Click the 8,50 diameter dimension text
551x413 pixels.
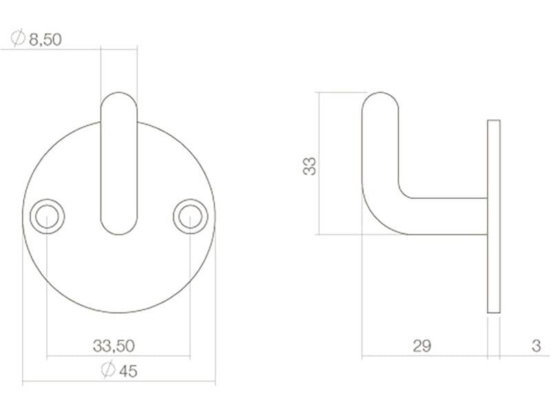pyautogui.click(x=45, y=39)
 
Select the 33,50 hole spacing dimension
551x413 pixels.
pyautogui.click(x=114, y=346)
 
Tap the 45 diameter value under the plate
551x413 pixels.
pyautogui.click(x=128, y=371)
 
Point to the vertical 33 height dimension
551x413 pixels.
pyautogui.click(x=310, y=167)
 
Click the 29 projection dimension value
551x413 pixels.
pyautogui.click(x=422, y=346)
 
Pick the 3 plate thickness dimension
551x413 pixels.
pyautogui.click(x=536, y=346)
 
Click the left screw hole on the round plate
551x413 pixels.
pyautogui.click(x=47, y=216)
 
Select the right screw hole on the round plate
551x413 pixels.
pyautogui.click(x=191, y=216)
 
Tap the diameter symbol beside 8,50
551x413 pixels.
pyautogui.click(x=18, y=39)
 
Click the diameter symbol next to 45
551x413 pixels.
pyautogui.click(x=108, y=370)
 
